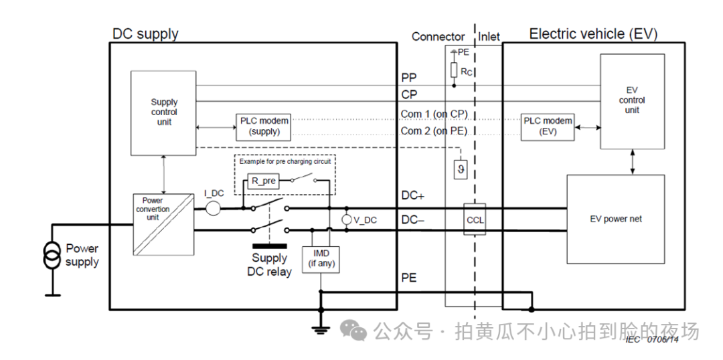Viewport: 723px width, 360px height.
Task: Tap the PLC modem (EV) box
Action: [548, 126]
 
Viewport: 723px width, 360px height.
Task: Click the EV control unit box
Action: [631, 101]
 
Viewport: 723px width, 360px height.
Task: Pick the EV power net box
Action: [615, 219]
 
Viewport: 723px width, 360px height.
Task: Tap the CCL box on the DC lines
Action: [475, 219]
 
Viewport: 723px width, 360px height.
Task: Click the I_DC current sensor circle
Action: [213, 208]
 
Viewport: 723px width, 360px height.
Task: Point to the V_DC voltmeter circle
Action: [347, 219]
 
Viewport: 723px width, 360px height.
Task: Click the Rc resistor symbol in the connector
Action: [454, 70]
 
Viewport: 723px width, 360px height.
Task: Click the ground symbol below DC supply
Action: [321, 328]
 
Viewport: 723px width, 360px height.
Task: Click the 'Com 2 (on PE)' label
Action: [434, 131]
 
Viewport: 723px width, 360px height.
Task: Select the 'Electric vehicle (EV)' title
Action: [593, 34]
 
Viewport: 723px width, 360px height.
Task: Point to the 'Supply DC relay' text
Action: [270, 265]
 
